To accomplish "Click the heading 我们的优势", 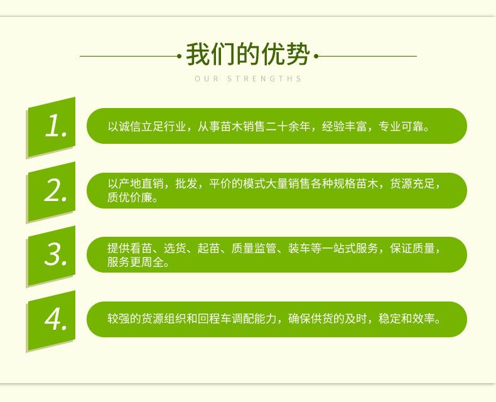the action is tap(247, 55).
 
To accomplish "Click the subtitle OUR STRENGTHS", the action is tap(249, 79).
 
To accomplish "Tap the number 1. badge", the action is tap(51, 128).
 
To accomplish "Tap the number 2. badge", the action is tap(51, 192).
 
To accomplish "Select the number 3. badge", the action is tap(51, 256).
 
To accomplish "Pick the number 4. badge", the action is tap(51, 320).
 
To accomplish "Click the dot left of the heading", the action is tap(180, 57).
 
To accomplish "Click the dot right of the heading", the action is tap(316, 57).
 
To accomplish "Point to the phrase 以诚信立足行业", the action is tap(146, 127).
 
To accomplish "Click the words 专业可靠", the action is tap(401, 127).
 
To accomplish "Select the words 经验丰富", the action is tap(345, 127).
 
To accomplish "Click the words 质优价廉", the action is tap(130, 197).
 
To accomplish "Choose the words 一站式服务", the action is tap(350, 248).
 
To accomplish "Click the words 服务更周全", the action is tap(136, 262).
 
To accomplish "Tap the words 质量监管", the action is tap(254, 248).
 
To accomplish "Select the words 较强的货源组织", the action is tap(146, 318).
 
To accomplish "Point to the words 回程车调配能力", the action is tap(237, 318).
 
